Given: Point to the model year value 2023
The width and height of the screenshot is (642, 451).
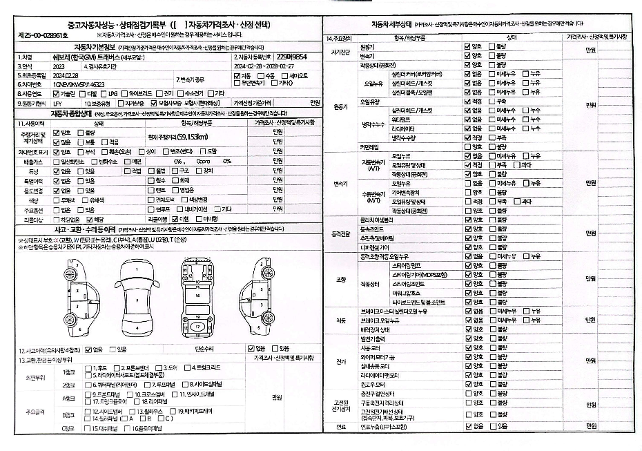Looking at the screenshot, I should point(58,66).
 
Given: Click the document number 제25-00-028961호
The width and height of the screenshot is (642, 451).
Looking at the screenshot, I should point(42,34).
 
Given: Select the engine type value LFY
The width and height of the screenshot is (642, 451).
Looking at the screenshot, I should point(57,102).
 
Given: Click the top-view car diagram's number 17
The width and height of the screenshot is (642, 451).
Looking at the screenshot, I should point(197,325).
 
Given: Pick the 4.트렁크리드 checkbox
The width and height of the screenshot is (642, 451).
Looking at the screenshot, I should point(190,367).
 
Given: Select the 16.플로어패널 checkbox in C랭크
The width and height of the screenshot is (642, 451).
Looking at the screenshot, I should point(135,428).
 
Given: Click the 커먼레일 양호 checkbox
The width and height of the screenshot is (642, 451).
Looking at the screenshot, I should point(468,146).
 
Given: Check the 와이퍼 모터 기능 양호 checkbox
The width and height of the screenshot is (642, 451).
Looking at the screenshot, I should point(468,356).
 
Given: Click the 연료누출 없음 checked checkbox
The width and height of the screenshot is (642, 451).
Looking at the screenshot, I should point(468,426).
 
